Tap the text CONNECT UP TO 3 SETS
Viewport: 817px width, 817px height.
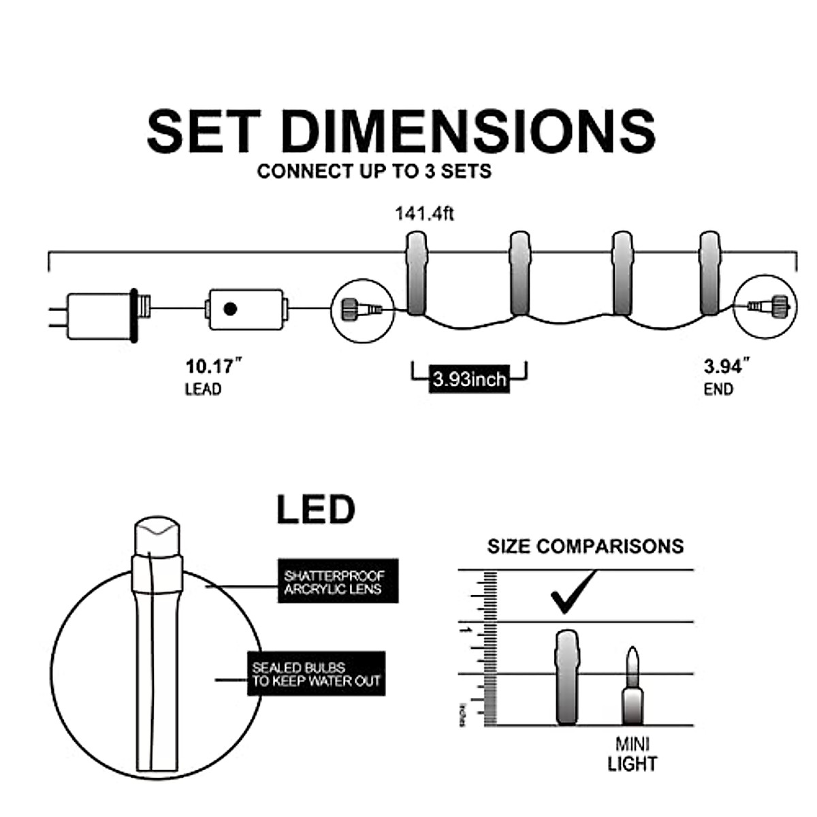tap(374, 171)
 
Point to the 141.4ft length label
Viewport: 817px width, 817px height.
tap(424, 214)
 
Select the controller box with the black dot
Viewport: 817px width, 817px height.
tap(245, 310)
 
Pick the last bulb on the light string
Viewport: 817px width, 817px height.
tap(709, 273)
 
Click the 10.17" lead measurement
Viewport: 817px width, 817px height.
tap(214, 367)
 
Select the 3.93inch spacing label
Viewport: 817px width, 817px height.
tap(469, 378)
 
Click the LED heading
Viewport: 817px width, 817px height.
tap(315, 510)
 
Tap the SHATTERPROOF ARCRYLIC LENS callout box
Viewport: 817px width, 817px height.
tap(338, 581)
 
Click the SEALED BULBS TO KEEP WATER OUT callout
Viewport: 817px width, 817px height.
tap(316, 673)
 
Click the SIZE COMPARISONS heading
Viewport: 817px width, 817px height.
tap(585, 546)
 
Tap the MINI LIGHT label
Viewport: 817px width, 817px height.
tap(632, 754)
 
